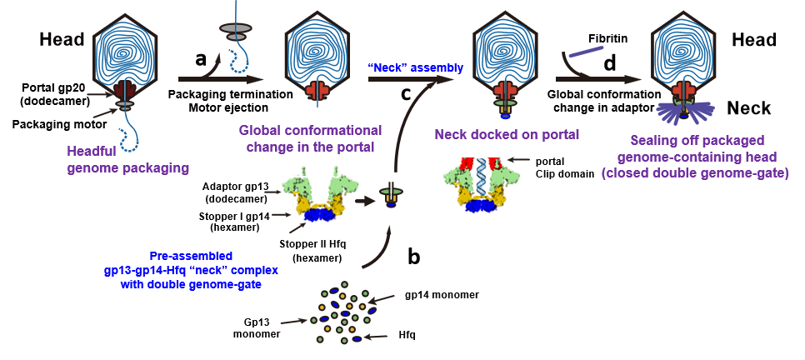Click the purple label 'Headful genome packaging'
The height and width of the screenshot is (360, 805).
[128, 160]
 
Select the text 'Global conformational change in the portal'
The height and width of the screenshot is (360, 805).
[310, 138]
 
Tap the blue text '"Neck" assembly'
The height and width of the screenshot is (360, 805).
[416, 67]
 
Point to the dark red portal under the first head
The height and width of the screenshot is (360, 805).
[126, 91]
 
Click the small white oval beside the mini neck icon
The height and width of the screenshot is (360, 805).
[377, 197]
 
